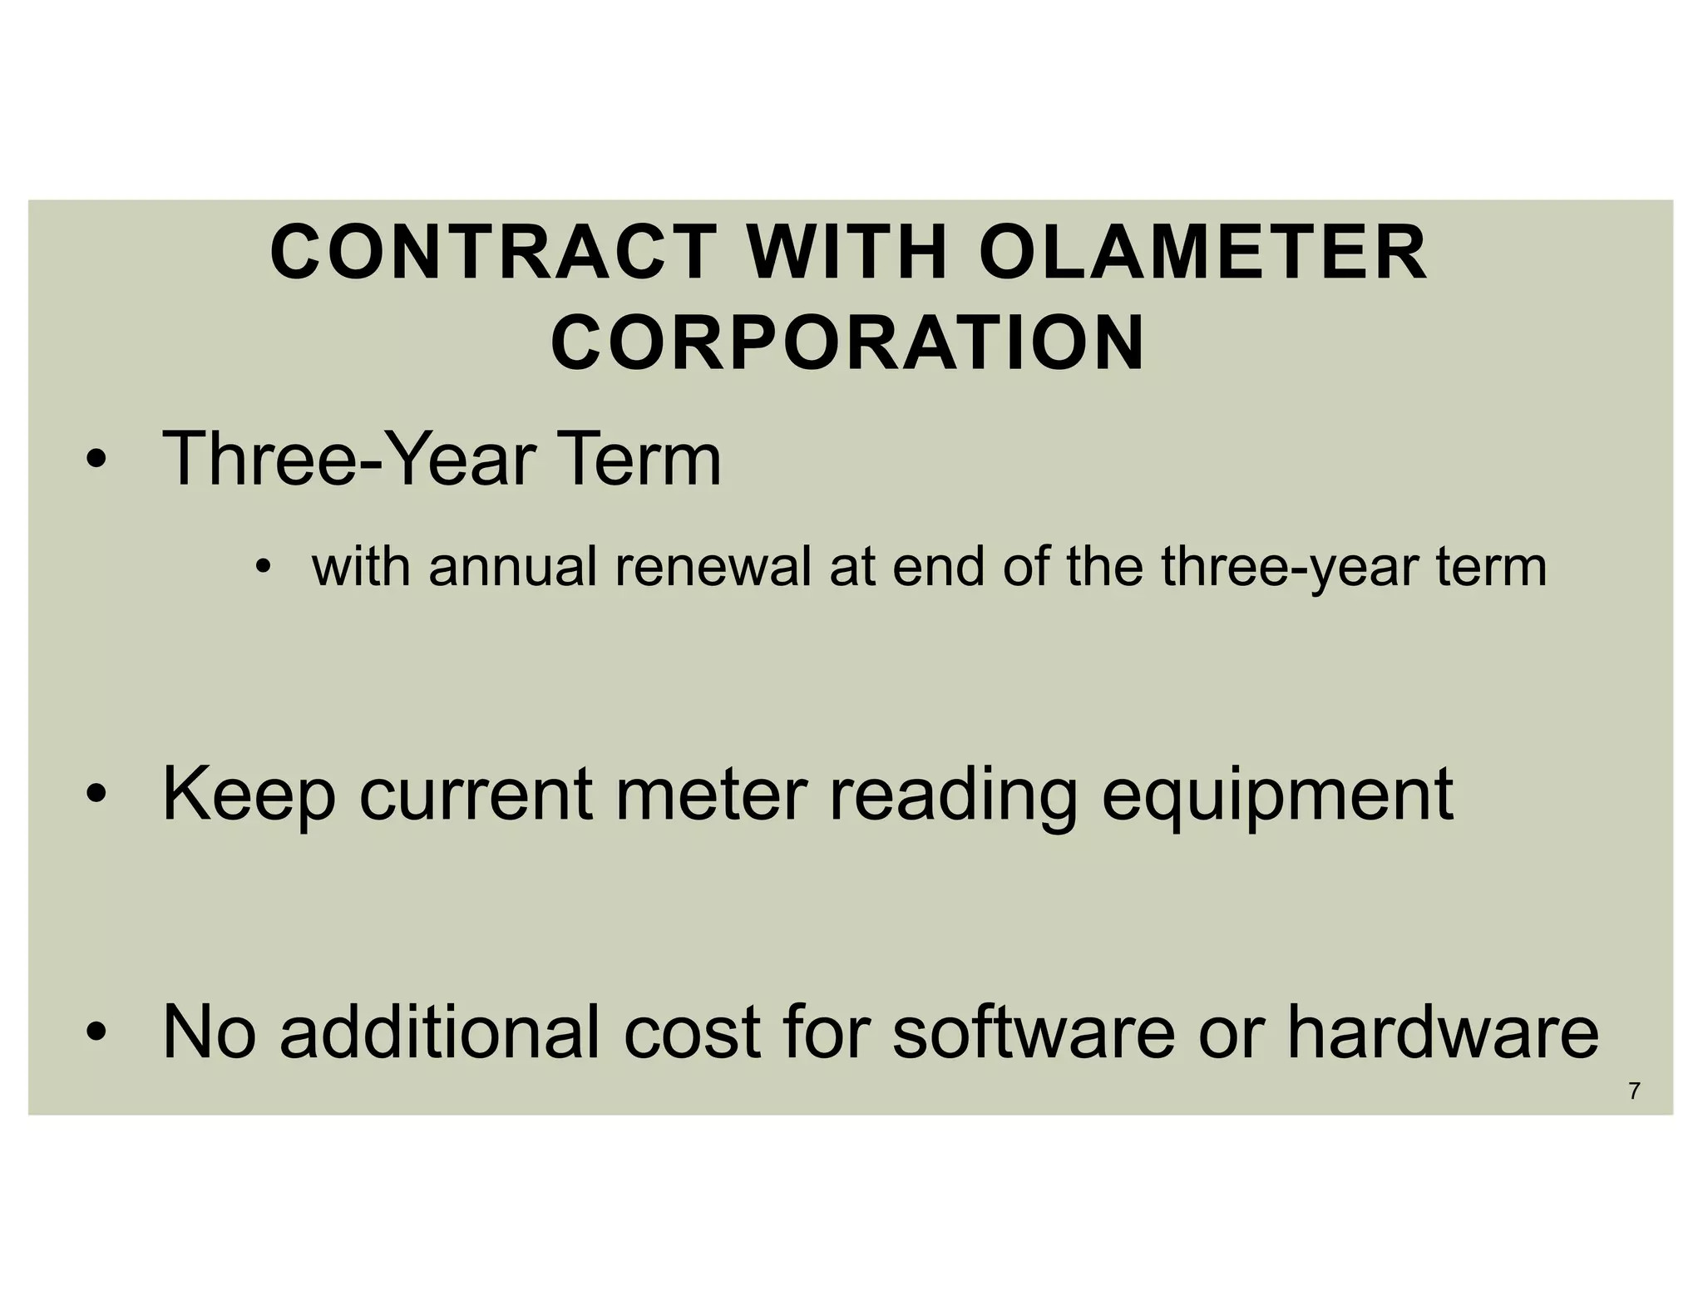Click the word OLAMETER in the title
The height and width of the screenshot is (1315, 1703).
(1203, 253)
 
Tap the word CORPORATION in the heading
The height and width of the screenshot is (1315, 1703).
(848, 343)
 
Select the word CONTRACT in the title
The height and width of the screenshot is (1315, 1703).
(493, 253)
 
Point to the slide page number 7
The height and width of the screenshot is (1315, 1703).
(1634, 1091)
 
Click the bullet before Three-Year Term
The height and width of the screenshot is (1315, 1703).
(97, 461)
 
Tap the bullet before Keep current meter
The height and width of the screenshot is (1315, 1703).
(97, 795)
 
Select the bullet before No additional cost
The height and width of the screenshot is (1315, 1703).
(97, 1034)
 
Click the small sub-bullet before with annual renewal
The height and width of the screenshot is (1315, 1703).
(264, 569)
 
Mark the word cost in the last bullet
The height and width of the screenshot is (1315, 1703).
(692, 1032)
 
